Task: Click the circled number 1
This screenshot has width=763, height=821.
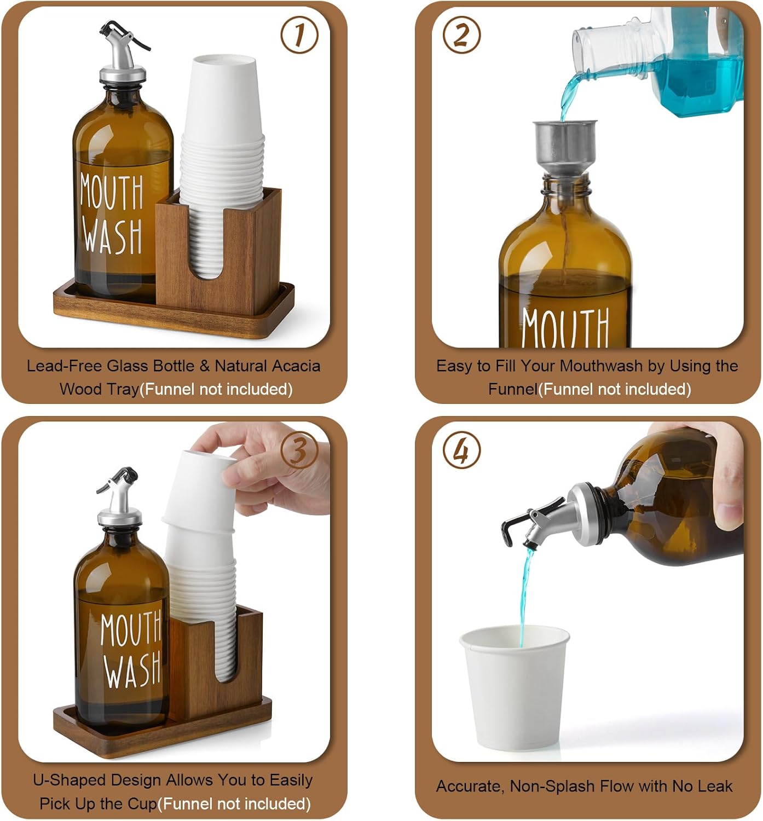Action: coord(299,35)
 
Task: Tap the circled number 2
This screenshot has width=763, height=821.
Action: coord(461,35)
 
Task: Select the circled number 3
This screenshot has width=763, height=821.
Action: coord(299,450)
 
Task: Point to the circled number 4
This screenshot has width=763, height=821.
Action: coord(461,450)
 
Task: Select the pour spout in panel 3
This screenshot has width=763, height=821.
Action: coord(119,498)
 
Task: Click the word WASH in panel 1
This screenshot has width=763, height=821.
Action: coord(113,236)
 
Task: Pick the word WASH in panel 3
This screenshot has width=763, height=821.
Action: coord(133,669)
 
